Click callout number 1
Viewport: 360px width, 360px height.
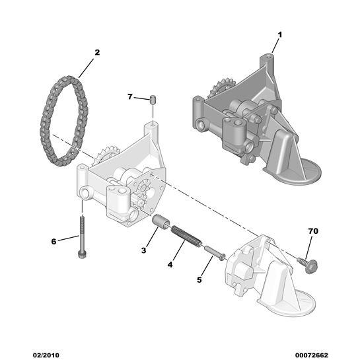[x=279, y=35]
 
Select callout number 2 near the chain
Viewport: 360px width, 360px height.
[x=97, y=53]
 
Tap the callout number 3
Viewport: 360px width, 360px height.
[x=144, y=250]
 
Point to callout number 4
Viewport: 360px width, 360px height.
[x=170, y=265]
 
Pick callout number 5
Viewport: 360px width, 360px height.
[x=199, y=279]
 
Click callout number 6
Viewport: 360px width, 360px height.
[x=54, y=242]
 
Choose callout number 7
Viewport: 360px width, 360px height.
[x=130, y=97]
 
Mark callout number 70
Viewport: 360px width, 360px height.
[x=313, y=231]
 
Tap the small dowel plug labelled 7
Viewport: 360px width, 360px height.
[x=152, y=100]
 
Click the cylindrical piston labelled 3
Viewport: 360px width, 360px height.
[x=161, y=221]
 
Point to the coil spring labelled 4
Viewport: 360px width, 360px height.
[x=186, y=236]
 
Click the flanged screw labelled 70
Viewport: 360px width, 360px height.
[x=308, y=265]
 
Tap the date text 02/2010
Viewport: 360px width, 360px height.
[x=46, y=355]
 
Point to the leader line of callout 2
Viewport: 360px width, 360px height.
[x=87, y=68]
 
